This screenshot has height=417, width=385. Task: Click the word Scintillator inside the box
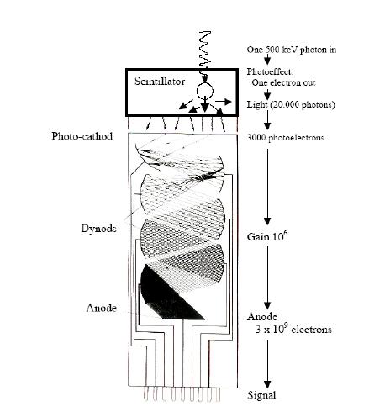point(160,82)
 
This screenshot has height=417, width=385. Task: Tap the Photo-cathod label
point(82,136)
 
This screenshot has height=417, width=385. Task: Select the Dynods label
point(98,229)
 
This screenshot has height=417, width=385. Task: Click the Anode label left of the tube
point(102,308)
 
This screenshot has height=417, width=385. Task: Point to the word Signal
point(261,395)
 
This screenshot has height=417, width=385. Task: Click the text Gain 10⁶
point(267,236)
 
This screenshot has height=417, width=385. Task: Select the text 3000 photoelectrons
point(286,138)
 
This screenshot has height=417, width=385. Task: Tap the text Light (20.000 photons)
point(291,105)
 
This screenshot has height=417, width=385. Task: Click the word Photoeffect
point(270,71)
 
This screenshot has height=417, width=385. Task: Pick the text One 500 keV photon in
point(292,50)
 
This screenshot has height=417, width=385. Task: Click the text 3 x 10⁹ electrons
point(293,329)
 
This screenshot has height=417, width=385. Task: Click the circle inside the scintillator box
point(205,91)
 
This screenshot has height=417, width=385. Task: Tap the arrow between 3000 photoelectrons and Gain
point(267,187)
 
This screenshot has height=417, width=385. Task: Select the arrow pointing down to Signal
point(267,364)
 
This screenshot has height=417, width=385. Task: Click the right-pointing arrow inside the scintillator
point(224,102)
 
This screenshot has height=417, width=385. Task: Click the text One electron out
point(283,83)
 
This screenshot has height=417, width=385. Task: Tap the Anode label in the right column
point(262,317)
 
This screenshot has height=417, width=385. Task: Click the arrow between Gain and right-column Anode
point(267,278)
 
